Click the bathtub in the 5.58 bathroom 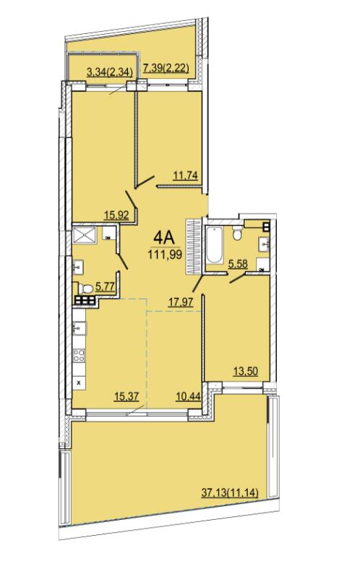tap(215, 245)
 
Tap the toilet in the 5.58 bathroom tap(237, 233)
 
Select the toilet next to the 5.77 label tap(86, 288)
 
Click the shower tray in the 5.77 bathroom tap(85, 235)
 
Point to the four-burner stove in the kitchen tap(79, 356)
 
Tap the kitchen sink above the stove tap(80, 328)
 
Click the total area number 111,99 tap(165, 255)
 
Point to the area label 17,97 tap(181, 302)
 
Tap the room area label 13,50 tap(246, 372)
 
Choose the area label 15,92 tap(116, 215)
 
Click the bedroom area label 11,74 tap(186, 176)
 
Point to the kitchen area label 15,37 tap(126, 396)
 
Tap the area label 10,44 tap(188, 396)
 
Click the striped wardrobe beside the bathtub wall tap(194, 246)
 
